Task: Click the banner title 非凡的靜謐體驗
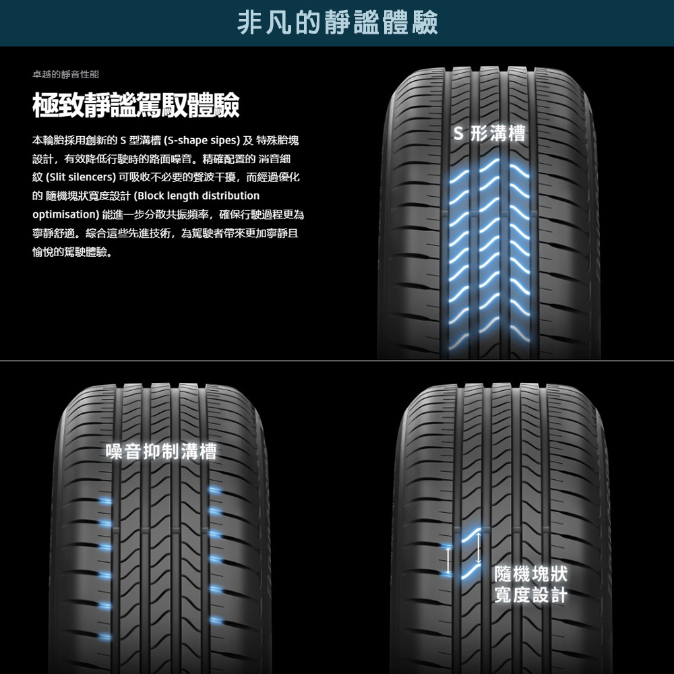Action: click(x=338, y=22)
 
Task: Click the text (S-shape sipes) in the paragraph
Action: click(x=202, y=141)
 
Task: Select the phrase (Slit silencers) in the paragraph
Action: click(x=73, y=177)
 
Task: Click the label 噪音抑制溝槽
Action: click(x=161, y=452)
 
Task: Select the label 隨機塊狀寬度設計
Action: click(x=530, y=584)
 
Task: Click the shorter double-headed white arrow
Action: click(x=447, y=559)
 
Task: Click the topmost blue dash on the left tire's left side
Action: click(x=106, y=501)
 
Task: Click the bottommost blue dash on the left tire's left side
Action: click(x=104, y=636)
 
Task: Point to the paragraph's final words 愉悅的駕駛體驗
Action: click(x=72, y=252)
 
